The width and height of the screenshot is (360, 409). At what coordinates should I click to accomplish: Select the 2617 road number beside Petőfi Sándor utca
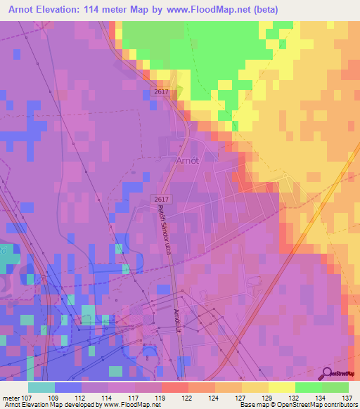[x=160, y=200]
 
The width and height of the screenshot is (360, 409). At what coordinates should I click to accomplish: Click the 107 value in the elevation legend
[x=27, y=397]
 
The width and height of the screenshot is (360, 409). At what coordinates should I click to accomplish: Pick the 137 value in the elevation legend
[x=347, y=397]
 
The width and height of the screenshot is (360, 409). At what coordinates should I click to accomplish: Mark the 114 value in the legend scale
[x=108, y=397]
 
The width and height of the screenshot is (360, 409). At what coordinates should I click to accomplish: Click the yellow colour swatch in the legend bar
[x=281, y=387]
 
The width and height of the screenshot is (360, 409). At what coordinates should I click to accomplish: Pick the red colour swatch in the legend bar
[x=174, y=387]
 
